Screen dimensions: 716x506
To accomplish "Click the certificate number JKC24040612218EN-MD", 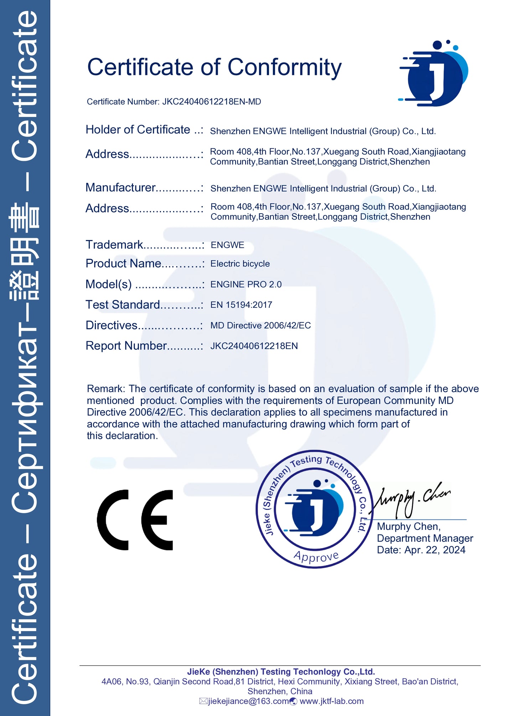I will pos(211,102).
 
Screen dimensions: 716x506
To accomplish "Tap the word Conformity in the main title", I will pos(284,67).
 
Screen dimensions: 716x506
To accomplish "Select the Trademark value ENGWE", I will pos(227,245).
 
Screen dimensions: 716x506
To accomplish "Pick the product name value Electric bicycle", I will pos(240,264).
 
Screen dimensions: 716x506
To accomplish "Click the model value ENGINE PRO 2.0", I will pos(246,284).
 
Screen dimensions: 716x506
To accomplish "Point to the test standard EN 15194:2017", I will pos(241,305).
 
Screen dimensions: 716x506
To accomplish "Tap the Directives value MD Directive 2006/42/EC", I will pos(260,325).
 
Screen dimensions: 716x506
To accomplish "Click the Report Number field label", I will pos(126,346).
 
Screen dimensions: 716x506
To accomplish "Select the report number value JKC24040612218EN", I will pos(254,346).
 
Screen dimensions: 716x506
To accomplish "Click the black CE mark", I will pos(135,520).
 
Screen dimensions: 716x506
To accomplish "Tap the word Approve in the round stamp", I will pos(316,557).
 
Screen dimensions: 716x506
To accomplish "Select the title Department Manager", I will pos(425,538).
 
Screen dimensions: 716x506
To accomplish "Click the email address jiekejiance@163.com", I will pos(248,701).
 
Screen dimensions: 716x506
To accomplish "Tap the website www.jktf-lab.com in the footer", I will pos(331,701).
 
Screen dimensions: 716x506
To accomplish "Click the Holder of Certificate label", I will pos(138,129).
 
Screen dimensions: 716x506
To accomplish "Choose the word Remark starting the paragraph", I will pos(105,389).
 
